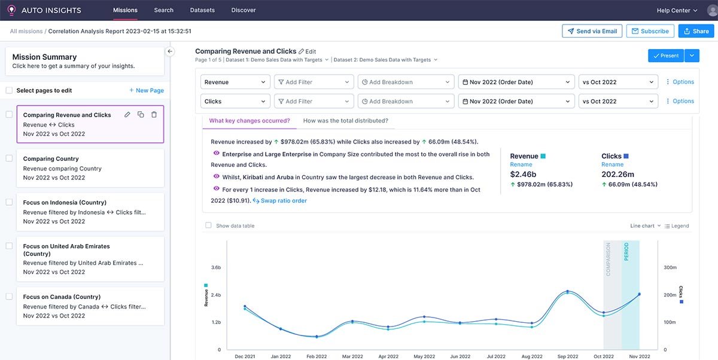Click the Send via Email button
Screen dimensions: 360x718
(x=592, y=31)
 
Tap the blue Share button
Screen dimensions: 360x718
(x=696, y=31)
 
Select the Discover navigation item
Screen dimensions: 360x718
(x=243, y=10)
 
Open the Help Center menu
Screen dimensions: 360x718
(x=677, y=10)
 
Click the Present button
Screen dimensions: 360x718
(x=665, y=56)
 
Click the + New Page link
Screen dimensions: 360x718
(x=146, y=90)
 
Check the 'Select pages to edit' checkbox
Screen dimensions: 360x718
(x=9, y=90)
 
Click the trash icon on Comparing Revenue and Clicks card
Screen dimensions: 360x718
(x=154, y=115)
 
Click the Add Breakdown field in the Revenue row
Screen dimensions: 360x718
(x=406, y=82)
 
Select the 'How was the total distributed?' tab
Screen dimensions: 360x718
(x=345, y=121)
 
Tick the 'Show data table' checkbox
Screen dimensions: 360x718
(x=208, y=226)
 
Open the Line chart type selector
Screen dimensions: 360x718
(x=645, y=226)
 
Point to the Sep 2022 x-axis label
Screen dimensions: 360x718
(x=567, y=356)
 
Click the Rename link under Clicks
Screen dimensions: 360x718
(x=612, y=164)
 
